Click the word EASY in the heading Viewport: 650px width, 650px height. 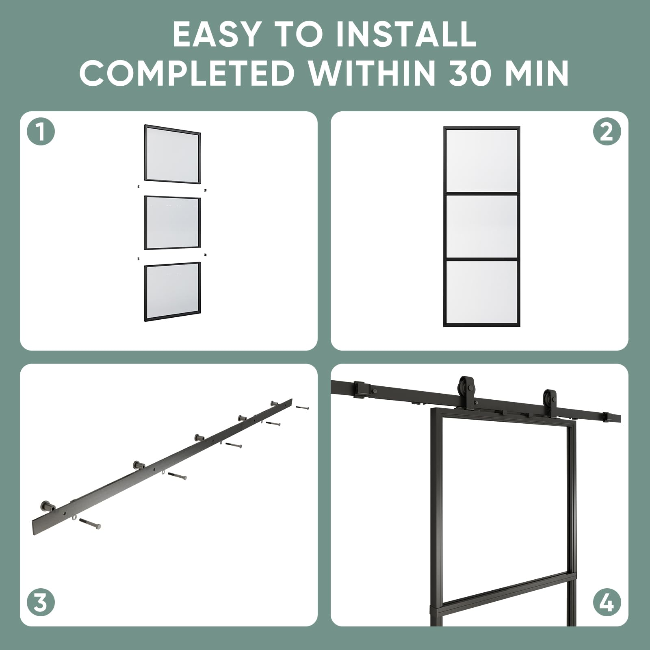click(x=216, y=34)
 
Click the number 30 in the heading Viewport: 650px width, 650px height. click(x=474, y=73)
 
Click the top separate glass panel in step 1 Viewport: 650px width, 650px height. click(x=173, y=154)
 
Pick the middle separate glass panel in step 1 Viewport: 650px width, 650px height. click(x=173, y=223)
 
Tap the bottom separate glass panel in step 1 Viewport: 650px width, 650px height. click(x=173, y=292)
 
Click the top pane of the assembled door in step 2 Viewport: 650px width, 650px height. click(x=481, y=160)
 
